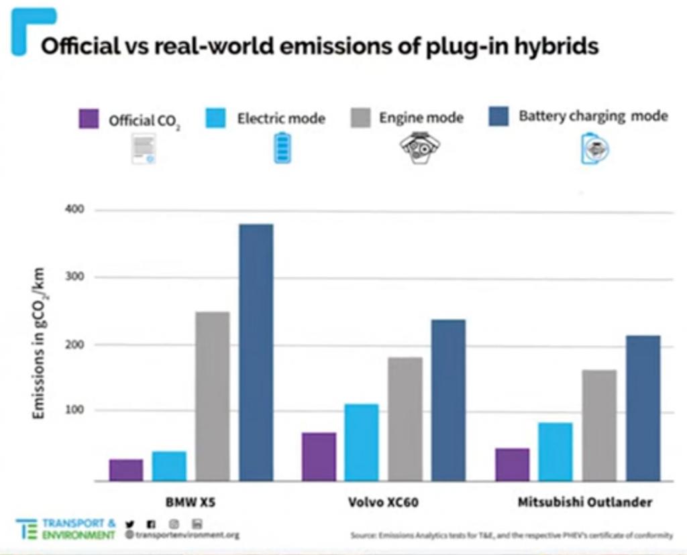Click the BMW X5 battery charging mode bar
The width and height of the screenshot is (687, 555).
256,352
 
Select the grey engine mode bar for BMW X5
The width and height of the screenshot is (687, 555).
212,395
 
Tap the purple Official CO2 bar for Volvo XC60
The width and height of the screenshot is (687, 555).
319,456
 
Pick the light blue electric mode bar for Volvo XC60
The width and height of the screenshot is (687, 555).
362,442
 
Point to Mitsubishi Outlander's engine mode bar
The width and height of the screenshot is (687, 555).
599,425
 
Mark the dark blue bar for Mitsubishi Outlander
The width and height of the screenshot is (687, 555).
643,408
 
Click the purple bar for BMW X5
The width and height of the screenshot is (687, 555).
126,470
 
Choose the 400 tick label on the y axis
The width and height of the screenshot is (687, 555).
75,210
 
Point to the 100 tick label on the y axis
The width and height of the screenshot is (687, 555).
75,410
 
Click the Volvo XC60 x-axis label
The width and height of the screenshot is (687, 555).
383,502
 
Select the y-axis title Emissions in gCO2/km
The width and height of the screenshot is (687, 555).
39,343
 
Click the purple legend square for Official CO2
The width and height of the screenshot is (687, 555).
89,119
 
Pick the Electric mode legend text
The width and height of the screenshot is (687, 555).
280,119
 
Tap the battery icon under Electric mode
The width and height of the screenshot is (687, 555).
282,148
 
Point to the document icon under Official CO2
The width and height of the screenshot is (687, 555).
144,149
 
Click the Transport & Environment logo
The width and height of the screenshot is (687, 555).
66,529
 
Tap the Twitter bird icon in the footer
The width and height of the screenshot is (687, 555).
130,523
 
